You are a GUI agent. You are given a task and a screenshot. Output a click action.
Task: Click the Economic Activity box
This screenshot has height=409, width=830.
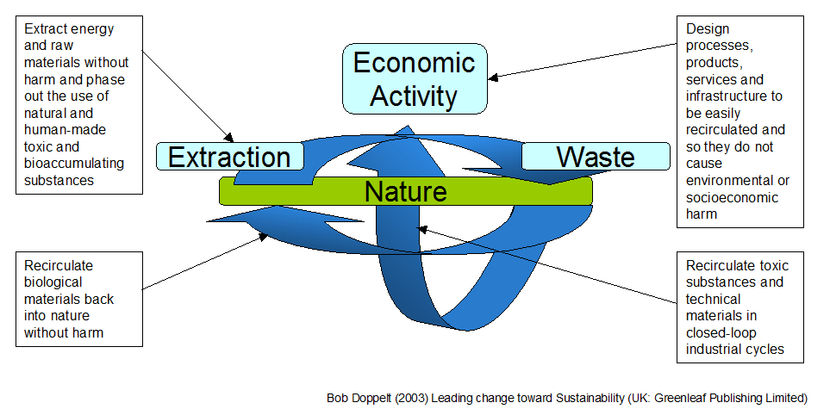tap(415, 78)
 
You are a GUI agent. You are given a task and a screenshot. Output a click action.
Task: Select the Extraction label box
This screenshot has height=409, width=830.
tap(229, 157)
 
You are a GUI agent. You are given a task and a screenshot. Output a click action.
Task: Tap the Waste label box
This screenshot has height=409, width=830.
tap(596, 157)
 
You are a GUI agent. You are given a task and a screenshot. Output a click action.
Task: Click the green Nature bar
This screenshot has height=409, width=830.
tap(405, 190)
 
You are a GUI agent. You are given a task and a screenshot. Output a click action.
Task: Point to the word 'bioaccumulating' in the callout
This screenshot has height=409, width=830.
tap(74, 164)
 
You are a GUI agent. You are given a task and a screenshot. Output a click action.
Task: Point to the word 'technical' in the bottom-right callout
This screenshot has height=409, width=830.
tap(714, 299)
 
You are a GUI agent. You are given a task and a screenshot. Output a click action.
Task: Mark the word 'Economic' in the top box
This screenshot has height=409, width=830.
tap(415, 62)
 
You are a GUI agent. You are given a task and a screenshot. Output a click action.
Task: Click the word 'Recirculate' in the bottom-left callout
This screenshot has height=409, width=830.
tap(59, 266)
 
